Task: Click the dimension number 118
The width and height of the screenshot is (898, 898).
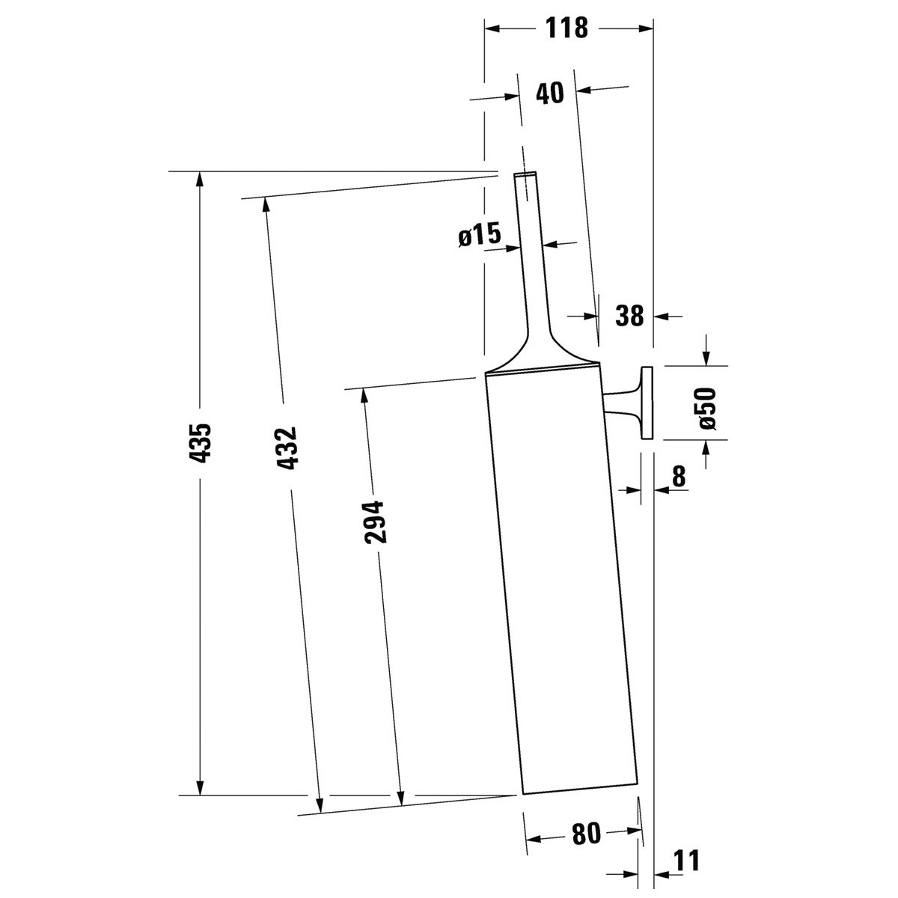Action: [566, 28]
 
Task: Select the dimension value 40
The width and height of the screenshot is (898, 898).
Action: [550, 94]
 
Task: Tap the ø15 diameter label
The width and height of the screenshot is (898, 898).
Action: [480, 234]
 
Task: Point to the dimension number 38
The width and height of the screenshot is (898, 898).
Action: [629, 316]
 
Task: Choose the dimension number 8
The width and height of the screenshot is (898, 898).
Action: [679, 476]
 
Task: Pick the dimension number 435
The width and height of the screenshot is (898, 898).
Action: [201, 443]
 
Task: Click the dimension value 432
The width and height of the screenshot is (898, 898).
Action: [286, 448]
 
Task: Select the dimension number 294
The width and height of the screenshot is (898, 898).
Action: [375, 522]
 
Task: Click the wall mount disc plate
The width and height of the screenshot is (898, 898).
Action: [647, 403]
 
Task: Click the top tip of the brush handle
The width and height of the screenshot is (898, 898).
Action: [525, 174]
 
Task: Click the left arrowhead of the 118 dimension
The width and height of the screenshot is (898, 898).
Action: [494, 29]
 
